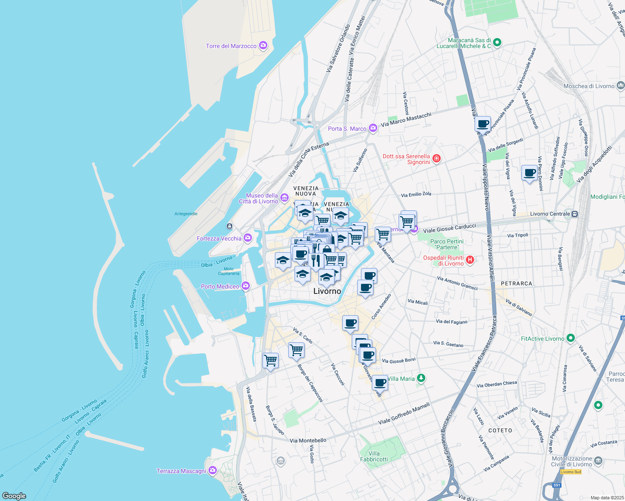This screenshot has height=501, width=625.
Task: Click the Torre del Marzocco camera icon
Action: pos(263,46)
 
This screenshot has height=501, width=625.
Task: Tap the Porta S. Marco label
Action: pos(347,129)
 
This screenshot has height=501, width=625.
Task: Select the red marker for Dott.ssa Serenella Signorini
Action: pos(437,158)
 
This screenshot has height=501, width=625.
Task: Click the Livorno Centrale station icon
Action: pos(575,214)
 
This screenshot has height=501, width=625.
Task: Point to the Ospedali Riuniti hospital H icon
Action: pos(470,260)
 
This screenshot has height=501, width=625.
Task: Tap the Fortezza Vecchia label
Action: pos(219,238)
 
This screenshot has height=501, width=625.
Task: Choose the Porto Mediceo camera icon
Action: pos(246,286)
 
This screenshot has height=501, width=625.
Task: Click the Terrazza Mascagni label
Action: pos(181,471)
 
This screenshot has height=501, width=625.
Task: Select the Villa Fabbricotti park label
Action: pos(374,456)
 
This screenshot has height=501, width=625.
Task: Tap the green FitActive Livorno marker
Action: pos(571,338)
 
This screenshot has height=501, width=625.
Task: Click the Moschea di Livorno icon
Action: pos(620,86)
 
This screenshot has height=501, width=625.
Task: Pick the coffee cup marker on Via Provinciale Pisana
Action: pos(483,124)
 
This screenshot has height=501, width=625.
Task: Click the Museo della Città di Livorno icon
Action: pos(285,197)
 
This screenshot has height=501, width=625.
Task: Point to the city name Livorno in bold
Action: pos(327,291)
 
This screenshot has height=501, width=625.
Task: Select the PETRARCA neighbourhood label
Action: pos(516,283)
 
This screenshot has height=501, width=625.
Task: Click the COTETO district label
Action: pos(500,430)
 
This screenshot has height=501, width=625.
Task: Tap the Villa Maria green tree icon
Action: pos(421,378)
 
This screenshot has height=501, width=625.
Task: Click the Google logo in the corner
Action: pos(14,496)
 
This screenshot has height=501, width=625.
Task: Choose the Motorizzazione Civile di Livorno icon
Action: pos(598,461)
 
